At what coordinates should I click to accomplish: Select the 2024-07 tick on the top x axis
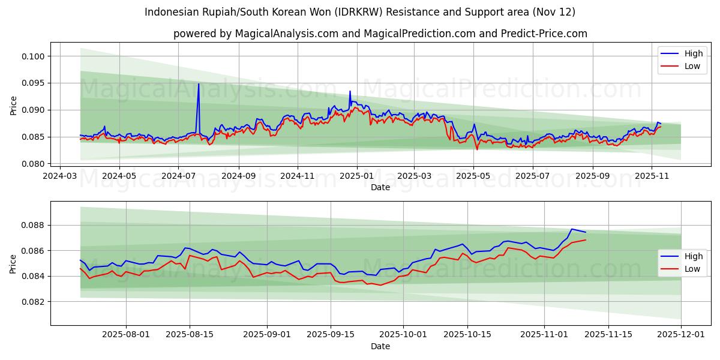pos(178,176)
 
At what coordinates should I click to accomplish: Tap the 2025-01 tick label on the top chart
pos(357,176)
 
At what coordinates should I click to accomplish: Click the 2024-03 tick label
pos(60,176)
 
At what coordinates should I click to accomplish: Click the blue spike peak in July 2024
pos(199,83)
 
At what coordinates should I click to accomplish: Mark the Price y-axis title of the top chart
pos(14,106)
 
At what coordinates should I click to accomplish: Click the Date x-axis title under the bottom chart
pos(380,346)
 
